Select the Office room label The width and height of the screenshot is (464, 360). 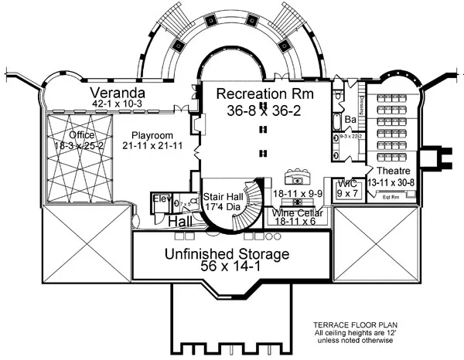coord(81,134)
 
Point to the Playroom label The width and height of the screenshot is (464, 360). coord(150,133)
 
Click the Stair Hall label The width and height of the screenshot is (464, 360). coord(223,197)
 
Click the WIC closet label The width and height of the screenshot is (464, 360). coord(347,182)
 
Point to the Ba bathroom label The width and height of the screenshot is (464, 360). coord(350,120)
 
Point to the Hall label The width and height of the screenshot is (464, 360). coord(180,222)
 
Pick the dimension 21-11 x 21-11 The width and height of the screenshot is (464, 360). coord(151,144)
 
